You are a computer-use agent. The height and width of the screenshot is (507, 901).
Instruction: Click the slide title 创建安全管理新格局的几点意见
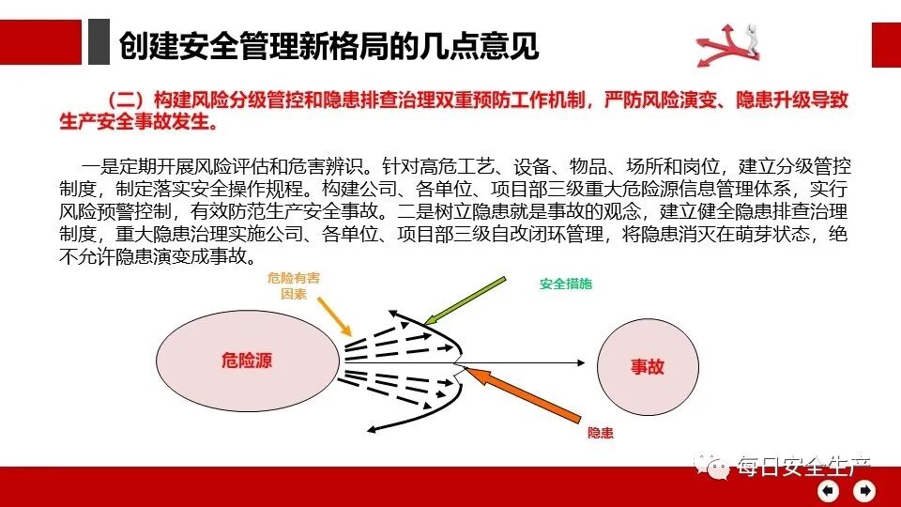[x=328, y=45]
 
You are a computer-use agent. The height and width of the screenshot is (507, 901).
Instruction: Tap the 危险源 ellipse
[x=247, y=360]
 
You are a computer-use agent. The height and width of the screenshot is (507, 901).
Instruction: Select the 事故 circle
[x=648, y=366]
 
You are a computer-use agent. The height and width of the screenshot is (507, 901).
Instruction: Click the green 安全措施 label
[x=566, y=284]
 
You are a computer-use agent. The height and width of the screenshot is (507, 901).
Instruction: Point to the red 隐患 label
[x=601, y=433]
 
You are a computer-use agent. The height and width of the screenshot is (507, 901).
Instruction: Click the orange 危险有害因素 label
[x=294, y=286]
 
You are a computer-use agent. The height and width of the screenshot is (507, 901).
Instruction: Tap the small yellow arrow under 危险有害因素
[x=334, y=317]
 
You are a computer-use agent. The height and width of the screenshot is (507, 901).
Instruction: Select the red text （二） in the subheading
[x=125, y=100]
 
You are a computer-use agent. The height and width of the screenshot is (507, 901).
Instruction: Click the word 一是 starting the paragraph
[x=97, y=168]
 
